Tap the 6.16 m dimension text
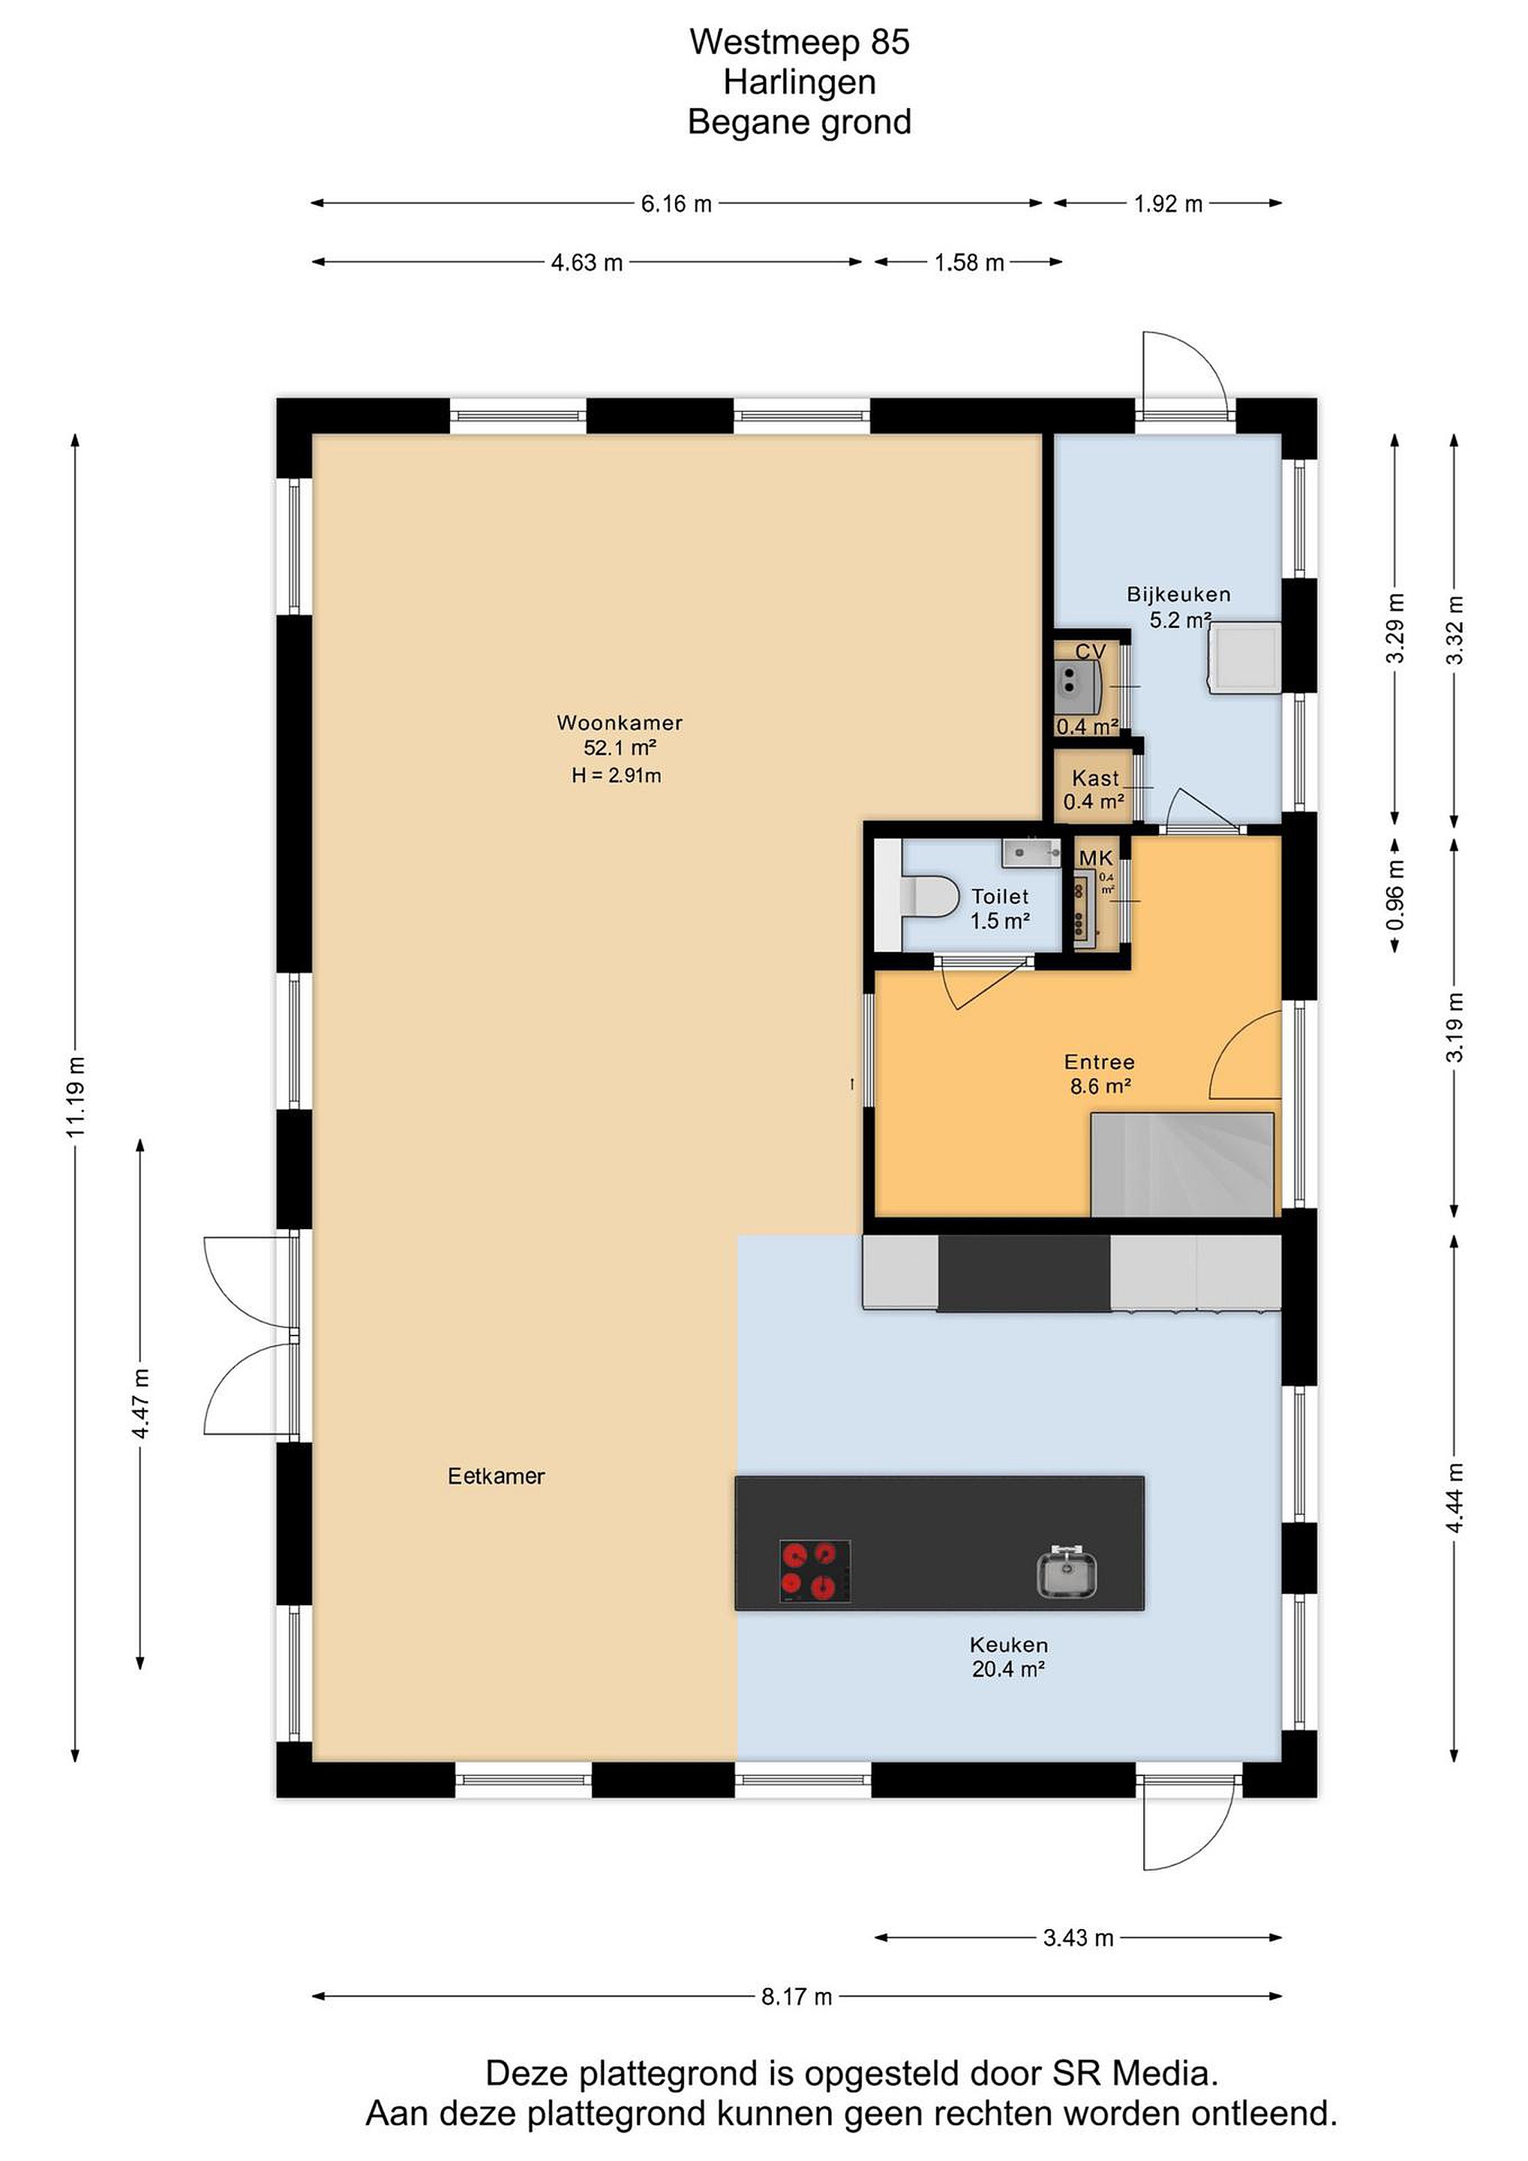[x=677, y=203]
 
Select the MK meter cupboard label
[x=1096, y=858]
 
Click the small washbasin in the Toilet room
[x=1025, y=852]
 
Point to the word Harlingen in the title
[x=800, y=82]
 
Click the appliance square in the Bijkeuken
[x=1244, y=657]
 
